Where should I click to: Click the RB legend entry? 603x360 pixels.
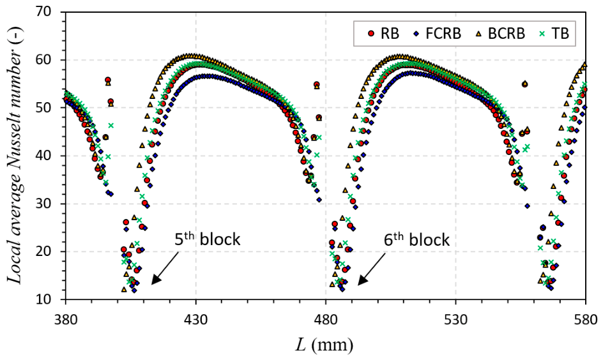tap(383, 33)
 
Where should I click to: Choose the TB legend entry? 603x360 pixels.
tap(554, 33)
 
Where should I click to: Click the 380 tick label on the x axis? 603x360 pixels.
tap(66, 320)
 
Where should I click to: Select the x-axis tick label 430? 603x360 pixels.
tap(196, 320)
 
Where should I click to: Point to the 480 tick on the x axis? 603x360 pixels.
tap(326, 320)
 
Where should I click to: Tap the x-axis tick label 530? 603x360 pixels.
tap(456, 320)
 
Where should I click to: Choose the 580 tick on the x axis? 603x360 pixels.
tap(586, 320)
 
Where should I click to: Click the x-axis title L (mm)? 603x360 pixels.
tap(324, 345)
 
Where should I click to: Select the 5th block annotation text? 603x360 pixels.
tap(208, 239)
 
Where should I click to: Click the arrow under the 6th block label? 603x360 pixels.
tap(372, 269)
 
